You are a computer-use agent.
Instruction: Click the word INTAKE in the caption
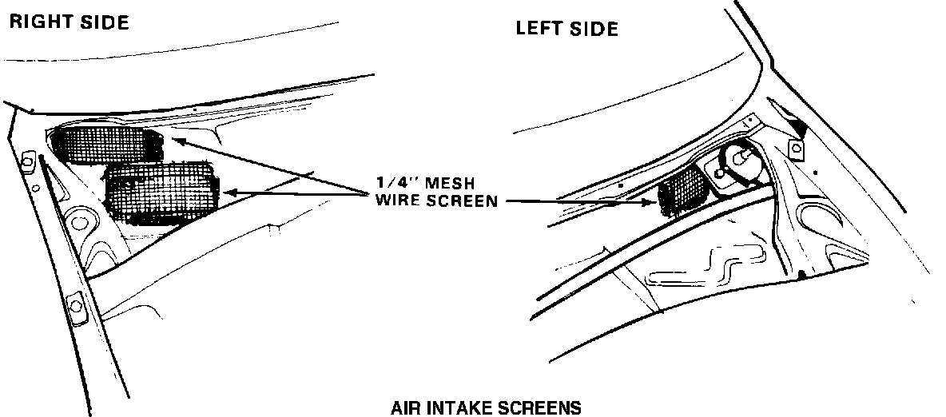coord(462,408)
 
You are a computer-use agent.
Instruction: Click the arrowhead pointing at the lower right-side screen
coord(231,192)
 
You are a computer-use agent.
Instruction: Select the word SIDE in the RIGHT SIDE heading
coord(104,22)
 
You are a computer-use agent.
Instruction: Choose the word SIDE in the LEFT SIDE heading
coord(596,30)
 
